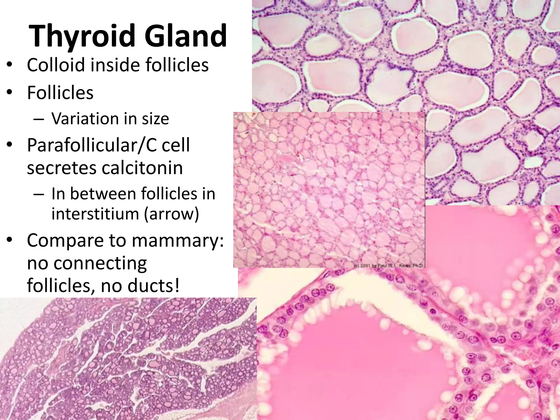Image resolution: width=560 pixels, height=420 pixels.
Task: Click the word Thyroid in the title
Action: coord(82,36)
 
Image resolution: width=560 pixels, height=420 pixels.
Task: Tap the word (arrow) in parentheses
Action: coord(172,214)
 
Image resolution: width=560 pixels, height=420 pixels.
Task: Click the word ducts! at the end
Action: coord(154,285)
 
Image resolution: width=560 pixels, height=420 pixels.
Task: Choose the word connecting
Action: coord(100,263)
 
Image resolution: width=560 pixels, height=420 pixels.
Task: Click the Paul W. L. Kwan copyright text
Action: coord(387,265)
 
